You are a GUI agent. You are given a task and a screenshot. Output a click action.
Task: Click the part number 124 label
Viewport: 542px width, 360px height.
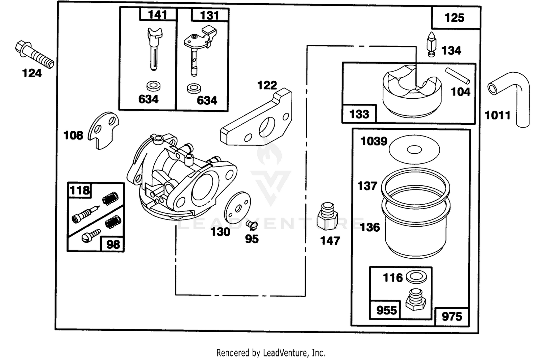[x=32, y=73]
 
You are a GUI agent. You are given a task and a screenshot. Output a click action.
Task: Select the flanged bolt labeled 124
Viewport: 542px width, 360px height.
[x=34, y=55]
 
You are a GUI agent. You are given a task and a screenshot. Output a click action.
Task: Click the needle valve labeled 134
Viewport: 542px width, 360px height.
[x=431, y=44]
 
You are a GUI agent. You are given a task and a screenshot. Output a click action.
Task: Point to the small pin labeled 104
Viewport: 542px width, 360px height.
[x=457, y=76]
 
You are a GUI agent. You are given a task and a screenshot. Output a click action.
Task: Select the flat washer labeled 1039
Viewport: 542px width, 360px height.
[x=414, y=149]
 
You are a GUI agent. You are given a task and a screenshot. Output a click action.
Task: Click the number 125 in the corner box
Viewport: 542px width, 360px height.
[x=455, y=18]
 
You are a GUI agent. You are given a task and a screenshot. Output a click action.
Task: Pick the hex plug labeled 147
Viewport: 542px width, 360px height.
[x=327, y=216]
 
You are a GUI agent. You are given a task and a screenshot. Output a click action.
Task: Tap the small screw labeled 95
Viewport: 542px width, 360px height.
[x=252, y=226]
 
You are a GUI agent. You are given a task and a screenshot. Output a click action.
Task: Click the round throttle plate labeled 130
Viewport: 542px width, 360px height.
[x=237, y=207]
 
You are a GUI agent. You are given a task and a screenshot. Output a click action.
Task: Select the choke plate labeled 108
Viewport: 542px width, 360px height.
[x=103, y=130]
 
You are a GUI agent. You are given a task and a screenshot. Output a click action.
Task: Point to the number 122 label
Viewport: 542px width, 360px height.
[x=267, y=85]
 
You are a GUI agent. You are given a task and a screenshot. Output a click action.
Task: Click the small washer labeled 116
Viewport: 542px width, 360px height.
[x=416, y=277]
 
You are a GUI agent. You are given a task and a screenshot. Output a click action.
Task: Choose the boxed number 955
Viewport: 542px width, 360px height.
[x=387, y=310]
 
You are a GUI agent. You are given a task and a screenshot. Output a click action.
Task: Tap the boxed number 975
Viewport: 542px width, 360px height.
[x=452, y=316]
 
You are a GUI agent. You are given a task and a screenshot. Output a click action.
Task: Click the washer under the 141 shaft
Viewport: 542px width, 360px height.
[x=154, y=86]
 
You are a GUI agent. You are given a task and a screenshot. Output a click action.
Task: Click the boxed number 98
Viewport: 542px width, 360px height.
[x=113, y=245]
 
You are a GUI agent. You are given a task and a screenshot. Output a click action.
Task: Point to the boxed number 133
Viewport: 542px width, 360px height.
[x=359, y=114]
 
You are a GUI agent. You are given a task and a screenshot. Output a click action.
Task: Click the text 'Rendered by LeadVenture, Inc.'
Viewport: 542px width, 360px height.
[x=271, y=353]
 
